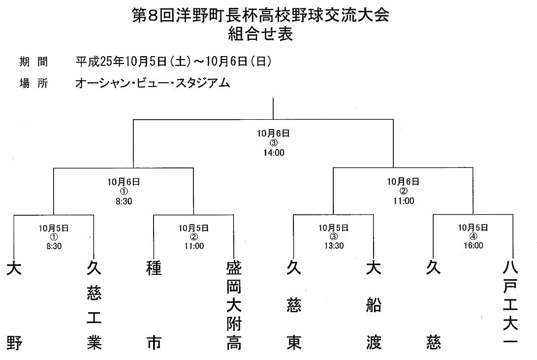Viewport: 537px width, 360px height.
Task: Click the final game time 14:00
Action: click(x=274, y=153)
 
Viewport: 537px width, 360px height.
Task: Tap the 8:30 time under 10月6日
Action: click(x=124, y=201)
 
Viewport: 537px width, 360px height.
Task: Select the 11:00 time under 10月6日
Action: click(x=404, y=201)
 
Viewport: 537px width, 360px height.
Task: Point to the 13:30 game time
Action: click(x=334, y=246)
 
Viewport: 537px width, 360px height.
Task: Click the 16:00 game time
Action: click(x=474, y=245)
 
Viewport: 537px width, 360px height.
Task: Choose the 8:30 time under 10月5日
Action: click(x=54, y=246)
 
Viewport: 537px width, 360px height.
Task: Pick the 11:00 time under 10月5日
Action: click(x=194, y=246)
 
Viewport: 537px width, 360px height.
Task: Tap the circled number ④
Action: click(x=473, y=236)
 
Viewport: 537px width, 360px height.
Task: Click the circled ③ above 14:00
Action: click(x=274, y=143)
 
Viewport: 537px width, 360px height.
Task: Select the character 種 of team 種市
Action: click(x=154, y=268)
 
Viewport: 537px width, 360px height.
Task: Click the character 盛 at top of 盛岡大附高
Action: click(x=234, y=268)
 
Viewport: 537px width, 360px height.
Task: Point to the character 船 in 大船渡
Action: click(x=374, y=305)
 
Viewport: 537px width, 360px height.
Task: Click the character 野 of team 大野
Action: click(x=14, y=343)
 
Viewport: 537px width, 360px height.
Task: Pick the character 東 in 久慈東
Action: click(x=294, y=343)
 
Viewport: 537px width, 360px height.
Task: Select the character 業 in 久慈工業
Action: click(x=94, y=343)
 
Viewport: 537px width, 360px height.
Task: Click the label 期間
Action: click(x=33, y=62)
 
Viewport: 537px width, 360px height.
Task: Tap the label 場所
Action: click(x=33, y=83)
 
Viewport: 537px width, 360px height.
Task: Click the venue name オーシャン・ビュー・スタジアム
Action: click(x=153, y=83)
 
